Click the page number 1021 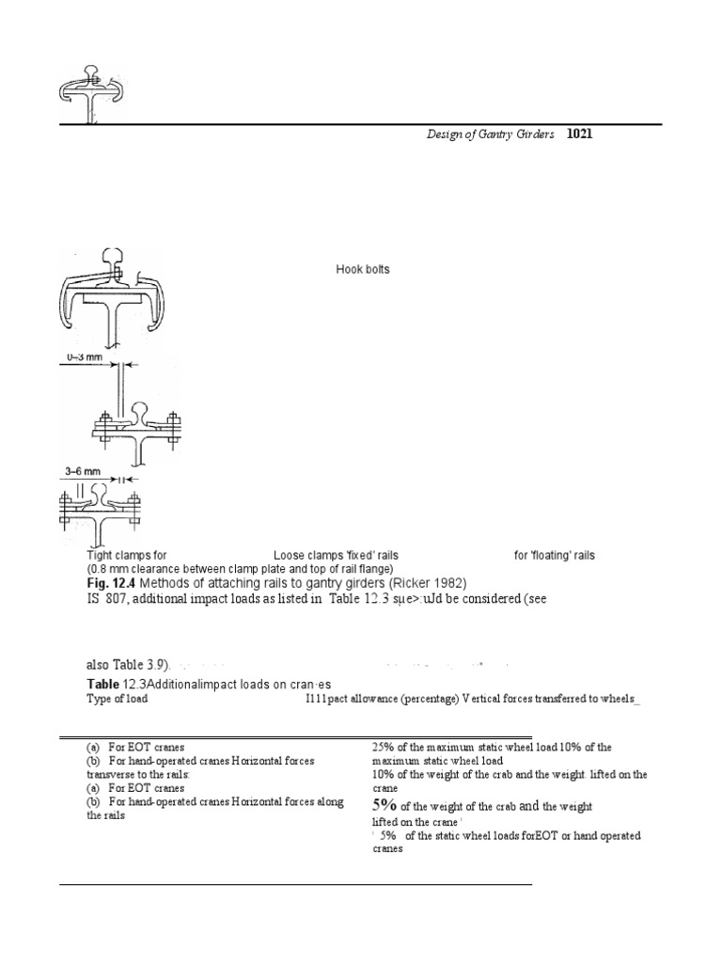coord(579,135)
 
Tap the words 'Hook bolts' coord(363,270)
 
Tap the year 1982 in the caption coord(443,583)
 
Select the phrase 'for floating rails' coord(554,556)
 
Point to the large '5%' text coord(385,805)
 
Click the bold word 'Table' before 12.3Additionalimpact coord(102,684)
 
